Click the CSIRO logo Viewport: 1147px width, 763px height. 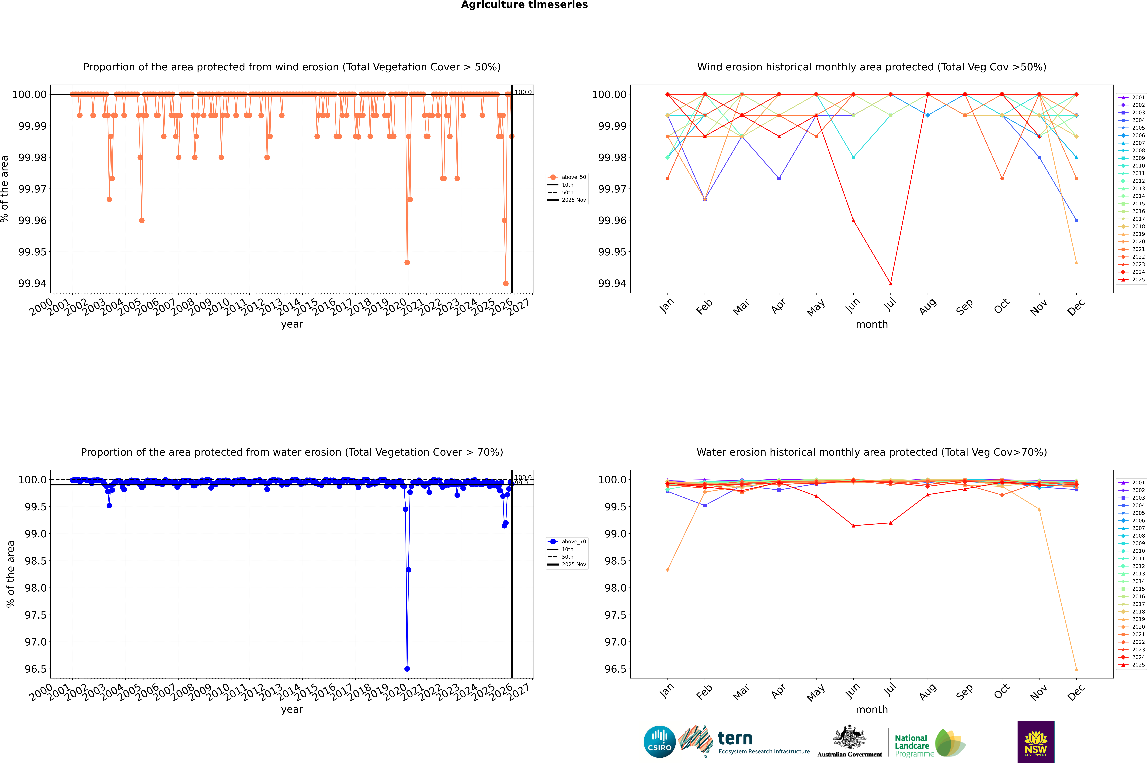(659, 742)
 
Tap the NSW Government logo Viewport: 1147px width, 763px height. (1036, 742)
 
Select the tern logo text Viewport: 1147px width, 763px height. (735, 739)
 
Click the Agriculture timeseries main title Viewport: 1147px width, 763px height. (524, 5)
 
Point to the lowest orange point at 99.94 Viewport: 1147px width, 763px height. (506, 283)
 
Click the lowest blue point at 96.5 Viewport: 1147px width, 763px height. (407, 669)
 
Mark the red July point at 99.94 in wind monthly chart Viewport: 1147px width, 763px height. (890, 283)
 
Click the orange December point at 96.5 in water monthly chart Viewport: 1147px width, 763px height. (1076, 669)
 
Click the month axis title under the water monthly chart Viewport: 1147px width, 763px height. (871, 710)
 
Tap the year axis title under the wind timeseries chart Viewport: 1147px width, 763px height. (292, 324)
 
